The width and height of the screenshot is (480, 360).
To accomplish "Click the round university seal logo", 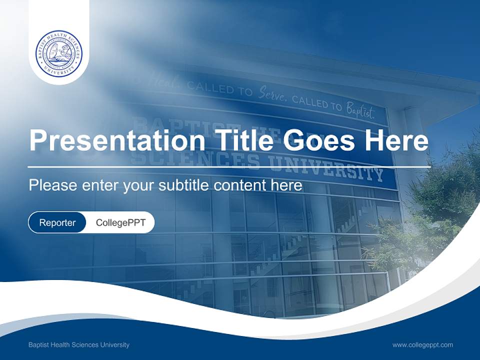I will pyautogui.click(x=59, y=53).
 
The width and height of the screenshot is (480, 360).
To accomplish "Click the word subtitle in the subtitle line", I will pyautogui.click(x=184, y=185).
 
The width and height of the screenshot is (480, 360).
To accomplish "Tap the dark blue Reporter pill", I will pyautogui.click(x=57, y=222).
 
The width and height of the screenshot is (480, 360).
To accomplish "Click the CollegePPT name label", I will pyautogui.click(x=120, y=222).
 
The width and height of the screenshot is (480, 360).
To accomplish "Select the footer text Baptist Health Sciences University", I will pyautogui.click(x=79, y=344).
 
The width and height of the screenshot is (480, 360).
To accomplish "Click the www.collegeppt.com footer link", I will pyautogui.click(x=422, y=344).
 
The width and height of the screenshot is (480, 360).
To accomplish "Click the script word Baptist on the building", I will pyautogui.click(x=359, y=111).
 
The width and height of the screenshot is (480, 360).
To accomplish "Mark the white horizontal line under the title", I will pyautogui.click(x=229, y=166).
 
